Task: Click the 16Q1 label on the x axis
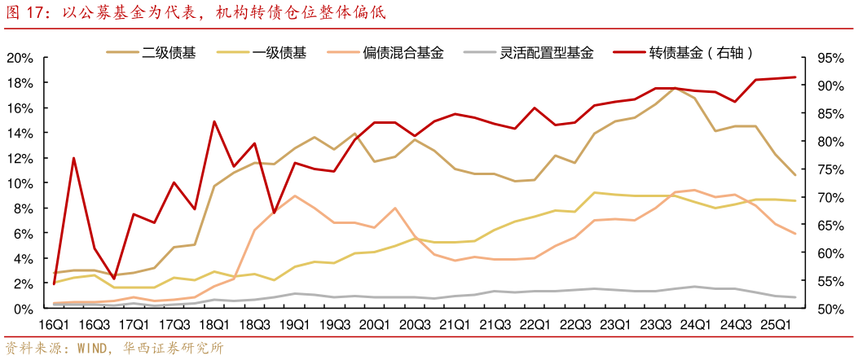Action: tap(54, 324)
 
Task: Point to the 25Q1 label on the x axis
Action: tap(774, 324)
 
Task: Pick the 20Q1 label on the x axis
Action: tap(374, 324)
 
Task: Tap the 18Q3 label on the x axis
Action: tap(254, 324)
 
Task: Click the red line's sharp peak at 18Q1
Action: tap(213, 121)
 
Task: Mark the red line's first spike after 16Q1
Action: tap(74, 158)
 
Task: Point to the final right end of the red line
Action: tap(794, 77)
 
